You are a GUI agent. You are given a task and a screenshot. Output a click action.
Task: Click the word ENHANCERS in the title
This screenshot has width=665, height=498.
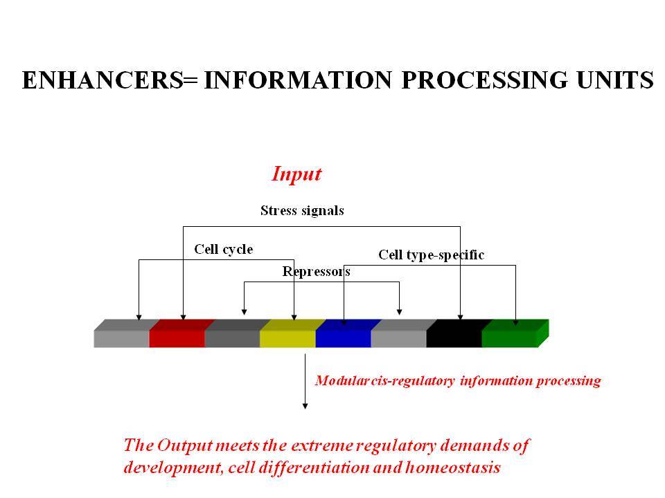(x=103, y=80)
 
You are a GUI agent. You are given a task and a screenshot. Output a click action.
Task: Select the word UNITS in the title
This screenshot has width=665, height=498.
(x=615, y=80)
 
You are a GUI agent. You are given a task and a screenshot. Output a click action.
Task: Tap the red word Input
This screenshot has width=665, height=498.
(x=296, y=174)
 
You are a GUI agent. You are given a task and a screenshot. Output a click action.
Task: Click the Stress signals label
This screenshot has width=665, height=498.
(x=302, y=210)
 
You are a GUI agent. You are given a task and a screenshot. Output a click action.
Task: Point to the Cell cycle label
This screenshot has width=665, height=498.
(x=224, y=249)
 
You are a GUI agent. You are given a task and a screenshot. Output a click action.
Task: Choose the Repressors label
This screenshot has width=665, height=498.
(x=317, y=271)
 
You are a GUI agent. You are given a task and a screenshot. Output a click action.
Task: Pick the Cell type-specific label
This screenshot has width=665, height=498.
(x=432, y=255)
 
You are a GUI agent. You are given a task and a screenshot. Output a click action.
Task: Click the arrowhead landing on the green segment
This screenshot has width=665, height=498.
(x=515, y=323)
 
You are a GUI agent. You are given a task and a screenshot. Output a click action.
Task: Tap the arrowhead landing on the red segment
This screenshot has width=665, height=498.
(x=183, y=317)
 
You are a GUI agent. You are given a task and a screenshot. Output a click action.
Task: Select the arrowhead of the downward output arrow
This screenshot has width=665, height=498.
(x=305, y=406)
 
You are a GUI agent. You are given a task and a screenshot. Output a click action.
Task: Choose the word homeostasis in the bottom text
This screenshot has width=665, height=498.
(x=453, y=468)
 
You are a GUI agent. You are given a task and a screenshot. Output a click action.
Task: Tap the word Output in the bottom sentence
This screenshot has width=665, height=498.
(x=184, y=445)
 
